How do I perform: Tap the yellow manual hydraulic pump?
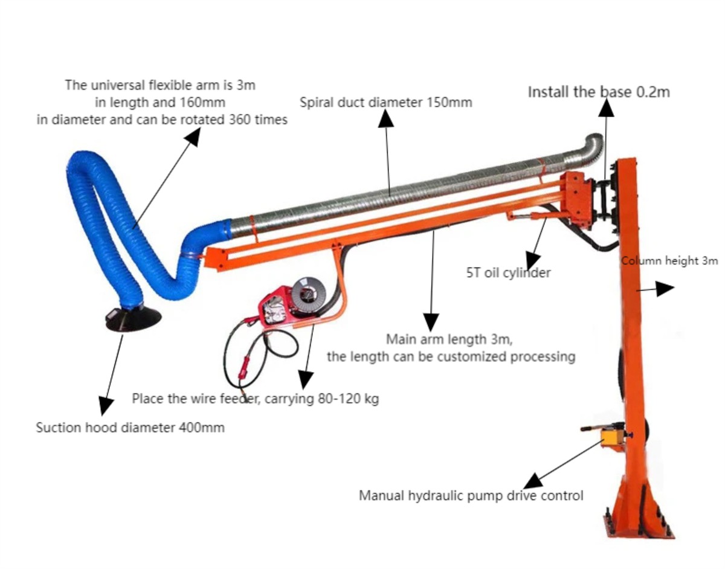point(613,436)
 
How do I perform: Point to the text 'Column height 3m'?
point(669,261)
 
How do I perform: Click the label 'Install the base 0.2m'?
point(599,92)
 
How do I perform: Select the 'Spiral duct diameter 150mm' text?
point(387,102)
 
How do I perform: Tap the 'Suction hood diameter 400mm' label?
point(130,428)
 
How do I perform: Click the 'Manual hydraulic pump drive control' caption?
point(471,496)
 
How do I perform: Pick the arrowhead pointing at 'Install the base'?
point(606,109)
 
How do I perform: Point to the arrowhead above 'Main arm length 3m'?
point(431,321)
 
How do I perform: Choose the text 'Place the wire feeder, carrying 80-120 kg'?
point(256,399)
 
